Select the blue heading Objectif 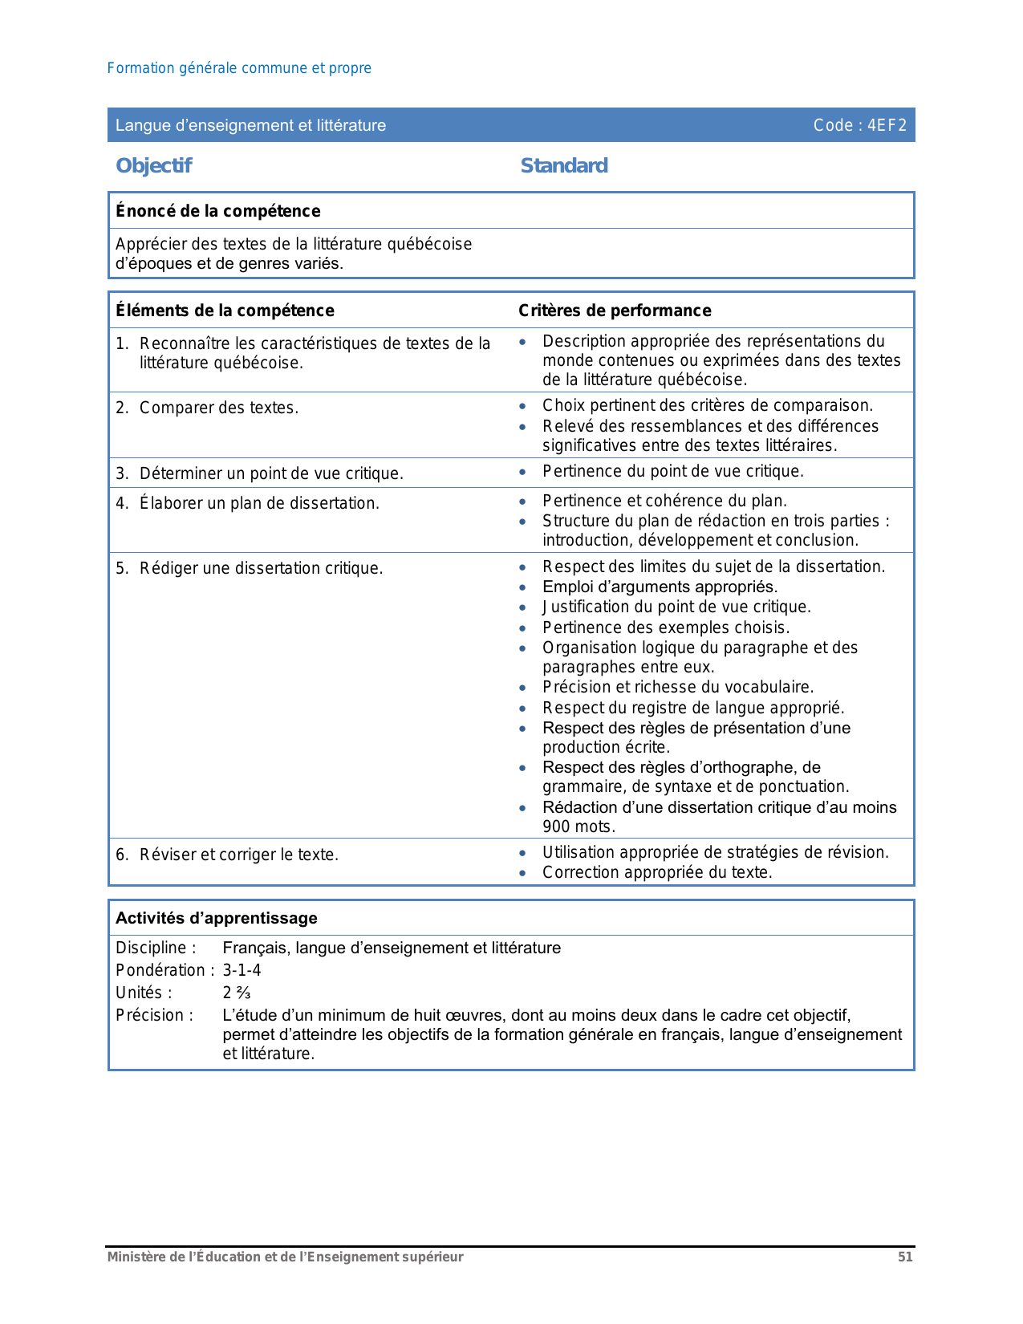pos(154,165)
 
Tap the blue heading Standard pos(564,165)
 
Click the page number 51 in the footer pos(905,1257)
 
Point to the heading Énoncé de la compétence pos(218,211)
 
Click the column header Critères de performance pos(615,311)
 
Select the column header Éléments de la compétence pos(225,311)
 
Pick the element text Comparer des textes pos(218,408)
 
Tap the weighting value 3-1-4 pos(242,970)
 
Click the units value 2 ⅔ pos(237,993)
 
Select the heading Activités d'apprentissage pos(217,918)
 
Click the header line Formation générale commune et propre pos(239,68)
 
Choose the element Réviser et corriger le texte pos(238,855)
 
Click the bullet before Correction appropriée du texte pos(522,873)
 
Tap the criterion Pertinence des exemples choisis pos(666,627)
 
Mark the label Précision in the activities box pos(154,1015)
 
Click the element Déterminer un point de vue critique pos(271,473)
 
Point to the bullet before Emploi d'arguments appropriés pos(522,587)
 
